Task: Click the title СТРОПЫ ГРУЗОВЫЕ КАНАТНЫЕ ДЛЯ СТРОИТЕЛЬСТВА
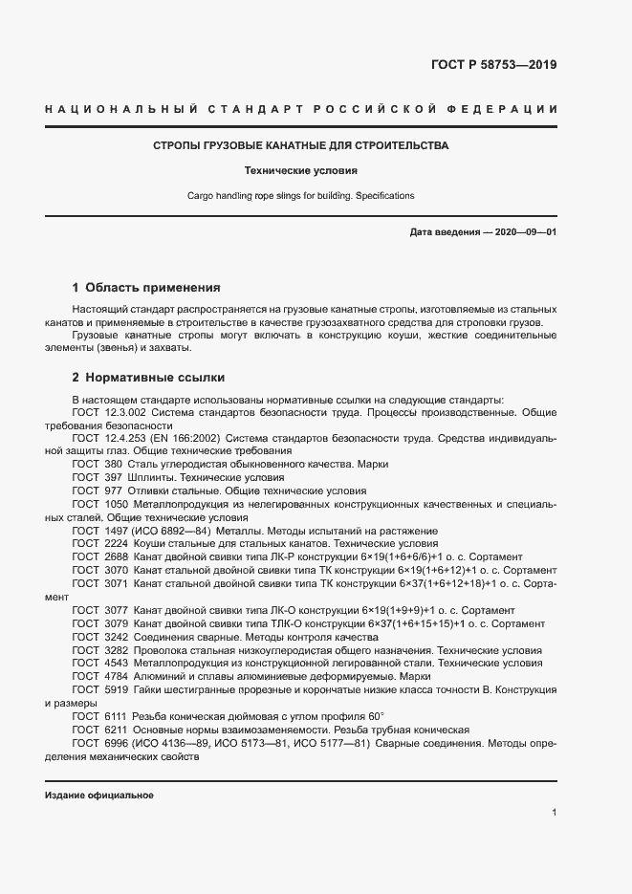301,146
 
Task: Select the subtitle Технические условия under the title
301,171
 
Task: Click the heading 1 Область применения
146,287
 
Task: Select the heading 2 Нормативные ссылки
148,377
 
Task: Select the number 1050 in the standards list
117,503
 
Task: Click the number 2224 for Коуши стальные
117,543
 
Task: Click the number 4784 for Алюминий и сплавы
117,676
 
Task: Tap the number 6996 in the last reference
117,743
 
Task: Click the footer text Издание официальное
99,796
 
